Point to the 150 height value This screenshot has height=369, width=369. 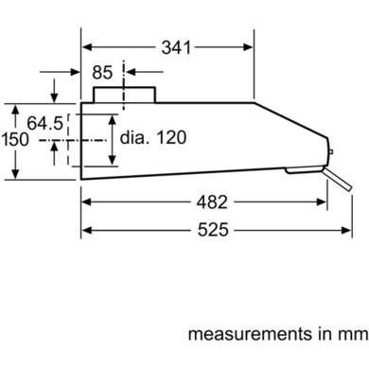15,139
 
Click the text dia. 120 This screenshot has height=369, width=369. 153,137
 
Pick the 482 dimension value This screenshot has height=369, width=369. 205,202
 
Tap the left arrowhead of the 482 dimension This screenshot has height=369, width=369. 86,202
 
